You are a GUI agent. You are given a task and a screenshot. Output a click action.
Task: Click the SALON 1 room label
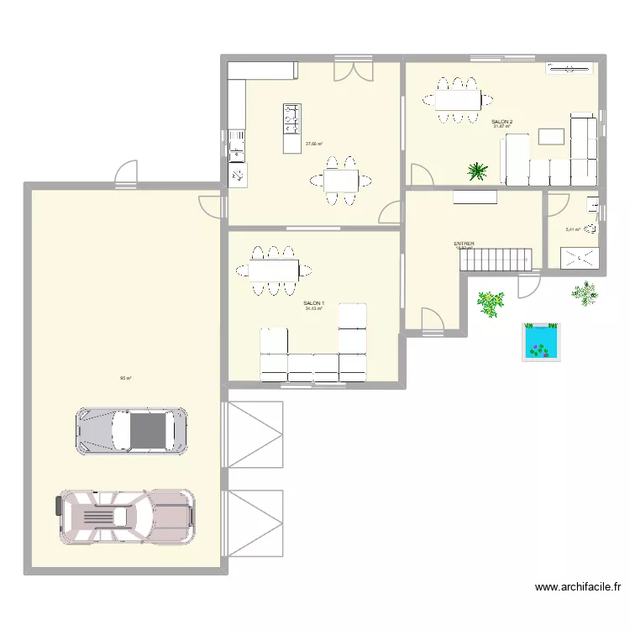click(313, 303)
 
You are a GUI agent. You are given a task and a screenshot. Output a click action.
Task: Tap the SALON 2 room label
click(501, 122)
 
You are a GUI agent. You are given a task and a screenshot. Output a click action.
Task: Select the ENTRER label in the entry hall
click(464, 244)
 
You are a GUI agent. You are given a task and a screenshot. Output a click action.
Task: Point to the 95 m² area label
click(125, 379)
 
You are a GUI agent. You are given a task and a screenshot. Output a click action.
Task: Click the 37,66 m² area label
click(314, 144)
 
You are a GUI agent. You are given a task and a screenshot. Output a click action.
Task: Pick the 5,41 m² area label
click(573, 228)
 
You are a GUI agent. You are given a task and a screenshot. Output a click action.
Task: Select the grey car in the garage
click(132, 431)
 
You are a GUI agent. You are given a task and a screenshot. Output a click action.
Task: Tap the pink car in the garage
click(126, 515)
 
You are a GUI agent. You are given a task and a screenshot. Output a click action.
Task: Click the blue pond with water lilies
click(540, 341)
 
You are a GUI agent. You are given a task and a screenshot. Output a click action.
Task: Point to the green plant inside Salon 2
click(477, 172)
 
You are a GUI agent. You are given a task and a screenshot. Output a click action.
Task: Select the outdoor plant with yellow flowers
click(490, 302)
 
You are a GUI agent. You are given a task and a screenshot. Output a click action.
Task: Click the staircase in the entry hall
click(496, 260)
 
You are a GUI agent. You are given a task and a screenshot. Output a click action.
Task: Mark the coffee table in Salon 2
click(550, 135)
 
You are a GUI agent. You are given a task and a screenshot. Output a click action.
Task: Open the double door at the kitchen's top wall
click(352, 70)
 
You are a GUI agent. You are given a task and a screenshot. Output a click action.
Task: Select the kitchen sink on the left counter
click(236, 144)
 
